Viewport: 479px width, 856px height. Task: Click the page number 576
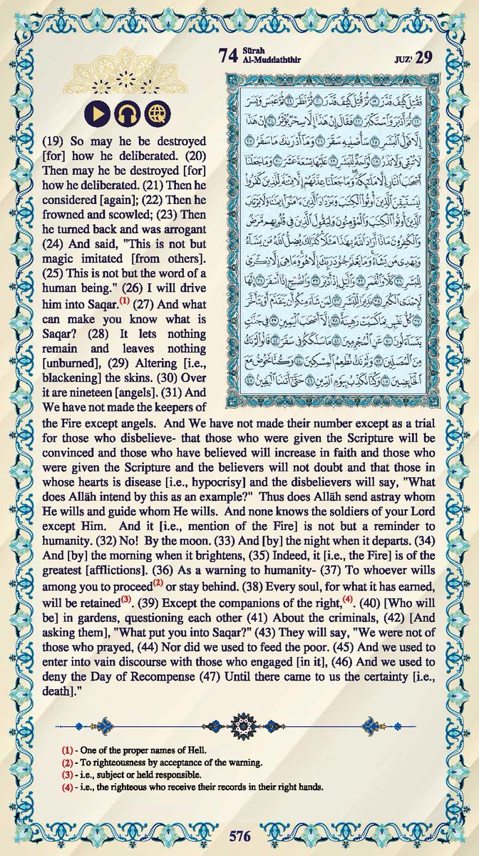(239, 834)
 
